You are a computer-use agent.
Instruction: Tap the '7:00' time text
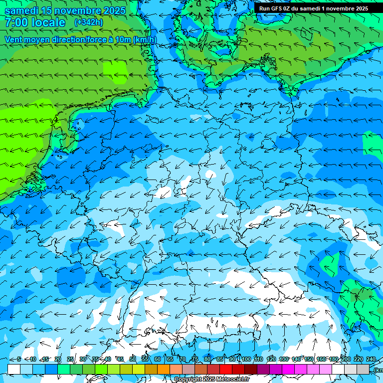coord(15,23)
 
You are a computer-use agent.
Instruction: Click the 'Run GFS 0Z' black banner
coord(313,8)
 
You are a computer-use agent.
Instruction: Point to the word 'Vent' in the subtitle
coord(14,39)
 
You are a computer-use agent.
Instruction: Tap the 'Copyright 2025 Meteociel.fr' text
coord(211,380)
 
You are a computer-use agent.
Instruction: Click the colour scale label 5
coord(18,359)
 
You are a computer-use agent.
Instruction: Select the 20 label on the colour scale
coord(58,359)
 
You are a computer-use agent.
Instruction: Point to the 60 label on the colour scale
coord(158,359)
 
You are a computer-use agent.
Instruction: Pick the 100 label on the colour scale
coord(246,359)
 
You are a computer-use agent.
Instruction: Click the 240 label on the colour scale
coord(371,359)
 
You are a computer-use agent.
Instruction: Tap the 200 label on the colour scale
coord(346,359)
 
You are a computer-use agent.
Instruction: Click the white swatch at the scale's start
coord(14,369)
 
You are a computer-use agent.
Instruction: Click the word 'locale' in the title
coord(48,23)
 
